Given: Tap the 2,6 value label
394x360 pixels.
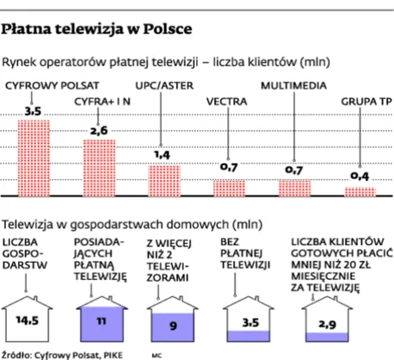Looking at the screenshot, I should tap(99, 130).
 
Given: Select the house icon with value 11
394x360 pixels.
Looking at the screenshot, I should tap(101, 317).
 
